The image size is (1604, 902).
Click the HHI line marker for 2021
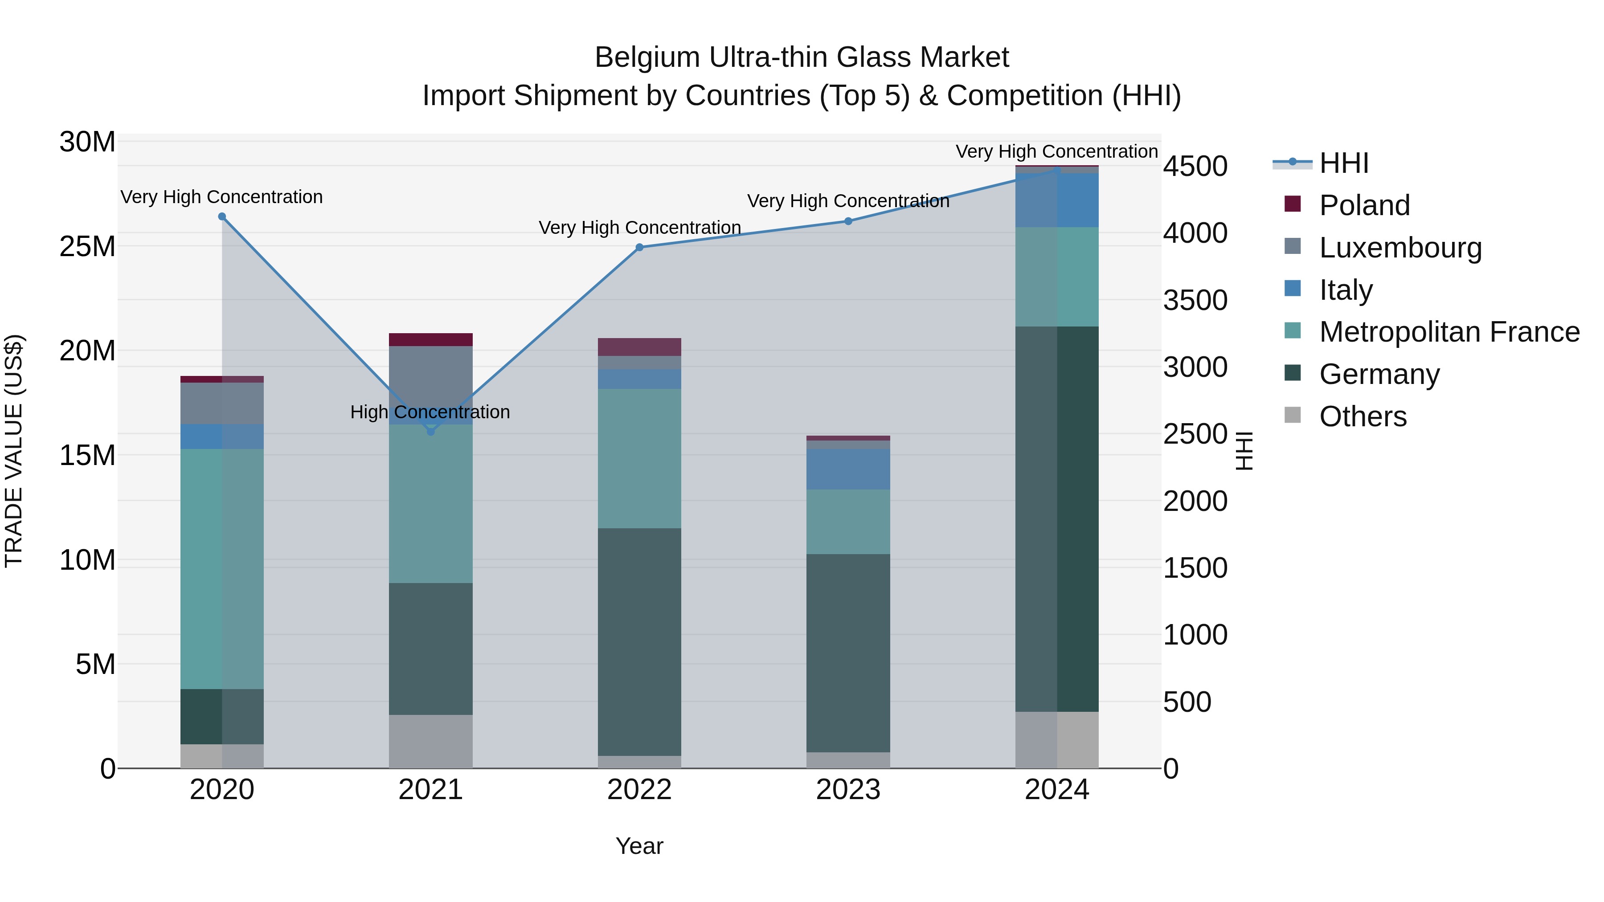(x=430, y=431)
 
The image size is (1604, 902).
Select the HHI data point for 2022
(x=639, y=247)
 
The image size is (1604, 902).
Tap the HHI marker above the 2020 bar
(x=222, y=216)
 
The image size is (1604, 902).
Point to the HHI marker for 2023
(x=848, y=221)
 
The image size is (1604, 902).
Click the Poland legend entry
(x=1364, y=205)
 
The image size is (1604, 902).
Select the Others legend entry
(x=1363, y=416)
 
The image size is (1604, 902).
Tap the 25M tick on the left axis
(x=87, y=246)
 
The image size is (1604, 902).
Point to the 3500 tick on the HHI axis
(x=1195, y=300)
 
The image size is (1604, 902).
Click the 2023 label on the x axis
(x=848, y=790)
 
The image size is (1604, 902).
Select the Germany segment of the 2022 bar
(x=639, y=641)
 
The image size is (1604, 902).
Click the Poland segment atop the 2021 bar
(x=430, y=339)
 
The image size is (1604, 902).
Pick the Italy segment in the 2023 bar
(x=848, y=469)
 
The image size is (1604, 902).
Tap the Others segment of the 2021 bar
(x=430, y=741)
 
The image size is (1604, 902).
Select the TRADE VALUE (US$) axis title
(x=14, y=451)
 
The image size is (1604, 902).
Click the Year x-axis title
(x=639, y=846)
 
